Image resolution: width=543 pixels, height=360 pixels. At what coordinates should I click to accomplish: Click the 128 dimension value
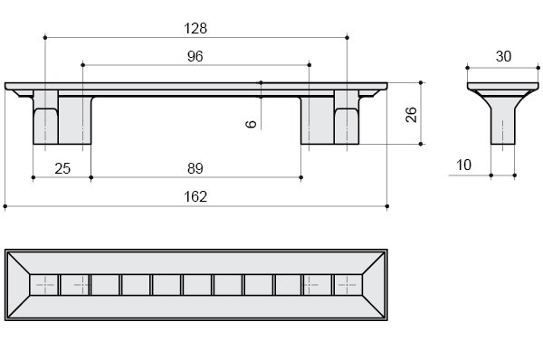[195, 28]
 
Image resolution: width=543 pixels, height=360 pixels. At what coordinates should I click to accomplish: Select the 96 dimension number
[195, 56]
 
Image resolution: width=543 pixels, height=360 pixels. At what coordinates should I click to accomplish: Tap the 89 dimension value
[195, 168]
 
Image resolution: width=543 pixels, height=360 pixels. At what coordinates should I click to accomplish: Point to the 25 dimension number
[62, 168]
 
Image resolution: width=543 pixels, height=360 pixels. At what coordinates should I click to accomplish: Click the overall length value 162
[195, 196]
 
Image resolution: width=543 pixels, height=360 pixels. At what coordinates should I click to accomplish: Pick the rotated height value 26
[411, 114]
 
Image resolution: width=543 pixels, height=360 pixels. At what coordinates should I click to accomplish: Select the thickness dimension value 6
[251, 124]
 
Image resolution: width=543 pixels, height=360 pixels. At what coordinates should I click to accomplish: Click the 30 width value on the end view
[503, 56]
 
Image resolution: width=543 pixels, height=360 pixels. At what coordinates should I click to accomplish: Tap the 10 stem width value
[463, 165]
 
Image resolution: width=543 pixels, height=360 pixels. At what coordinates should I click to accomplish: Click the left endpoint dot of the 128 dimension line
[45, 37]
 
